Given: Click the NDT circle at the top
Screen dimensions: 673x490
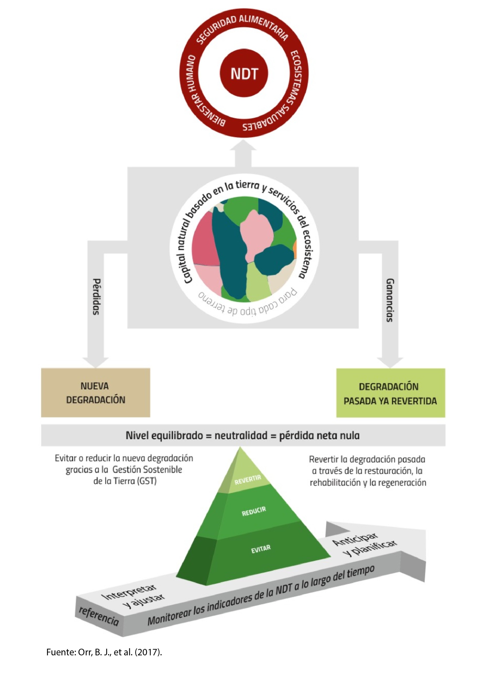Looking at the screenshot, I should pos(244,73).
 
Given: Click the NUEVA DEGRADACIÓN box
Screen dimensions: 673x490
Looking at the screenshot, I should pos(96,392).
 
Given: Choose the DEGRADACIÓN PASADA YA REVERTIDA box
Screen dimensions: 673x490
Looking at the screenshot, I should pos(390,393).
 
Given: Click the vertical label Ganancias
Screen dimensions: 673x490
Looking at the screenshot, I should pos(390,300).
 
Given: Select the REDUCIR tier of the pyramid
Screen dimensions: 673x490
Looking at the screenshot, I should pos(254,512).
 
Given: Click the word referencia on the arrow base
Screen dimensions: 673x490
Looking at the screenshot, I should pos(98,616).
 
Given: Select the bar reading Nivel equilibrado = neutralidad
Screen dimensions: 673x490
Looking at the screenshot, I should pos(243,436).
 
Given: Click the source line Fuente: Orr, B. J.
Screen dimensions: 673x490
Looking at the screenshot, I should pos(104,652).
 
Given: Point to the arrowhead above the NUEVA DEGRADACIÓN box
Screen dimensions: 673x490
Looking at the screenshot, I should pos(96,362).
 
